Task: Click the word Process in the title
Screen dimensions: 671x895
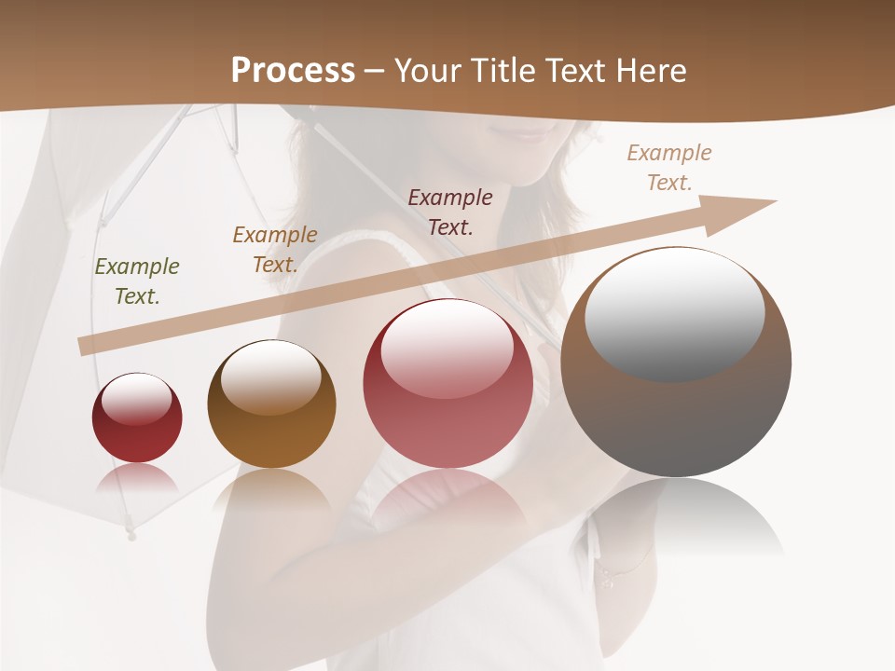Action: pyautogui.click(x=293, y=71)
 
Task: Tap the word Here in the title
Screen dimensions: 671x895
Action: pyautogui.click(x=649, y=71)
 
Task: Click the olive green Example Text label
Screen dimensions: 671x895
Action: pyautogui.click(x=137, y=281)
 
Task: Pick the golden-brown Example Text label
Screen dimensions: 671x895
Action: pyautogui.click(x=275, y=250)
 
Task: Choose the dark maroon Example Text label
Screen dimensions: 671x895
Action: pyautogui.click(x=450, y=212)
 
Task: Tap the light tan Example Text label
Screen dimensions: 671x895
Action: pyautogui.click(x=669, y=168)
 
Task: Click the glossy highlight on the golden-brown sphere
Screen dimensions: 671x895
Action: pyautogui.click(x=271, y=375)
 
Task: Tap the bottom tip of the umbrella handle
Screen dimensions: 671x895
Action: pyautogui.click(x=131, y=535)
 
